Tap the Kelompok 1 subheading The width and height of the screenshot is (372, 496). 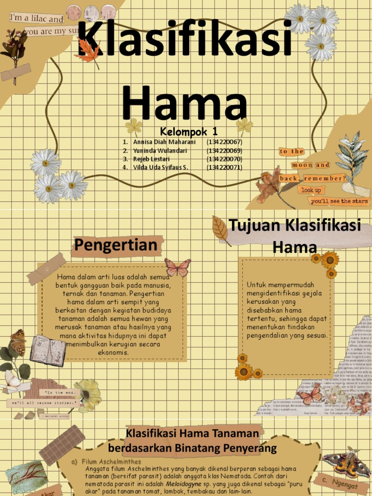(x=189, y=131)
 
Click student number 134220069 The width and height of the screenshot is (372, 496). (x=224, y=151)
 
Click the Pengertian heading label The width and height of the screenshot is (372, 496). (x=116, y=246)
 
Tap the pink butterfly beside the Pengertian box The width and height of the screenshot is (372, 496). (x=177, y=267)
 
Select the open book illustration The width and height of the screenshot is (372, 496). (x=48, y=350)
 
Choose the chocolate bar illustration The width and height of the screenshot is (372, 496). (x=62, y=445)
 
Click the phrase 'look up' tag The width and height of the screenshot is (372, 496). (x=311, y=190)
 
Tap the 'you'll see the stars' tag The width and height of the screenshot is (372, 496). (x=340, y=201)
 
